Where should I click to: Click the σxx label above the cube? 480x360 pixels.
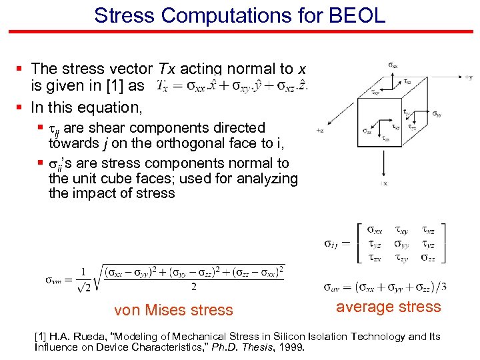coord(395,65)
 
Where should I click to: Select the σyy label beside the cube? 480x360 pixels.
coord(437,115)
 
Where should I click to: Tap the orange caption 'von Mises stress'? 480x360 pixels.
coord(173,310)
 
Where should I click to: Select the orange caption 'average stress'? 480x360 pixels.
coord(389,307)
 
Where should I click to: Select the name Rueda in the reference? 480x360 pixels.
coord(98,336)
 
